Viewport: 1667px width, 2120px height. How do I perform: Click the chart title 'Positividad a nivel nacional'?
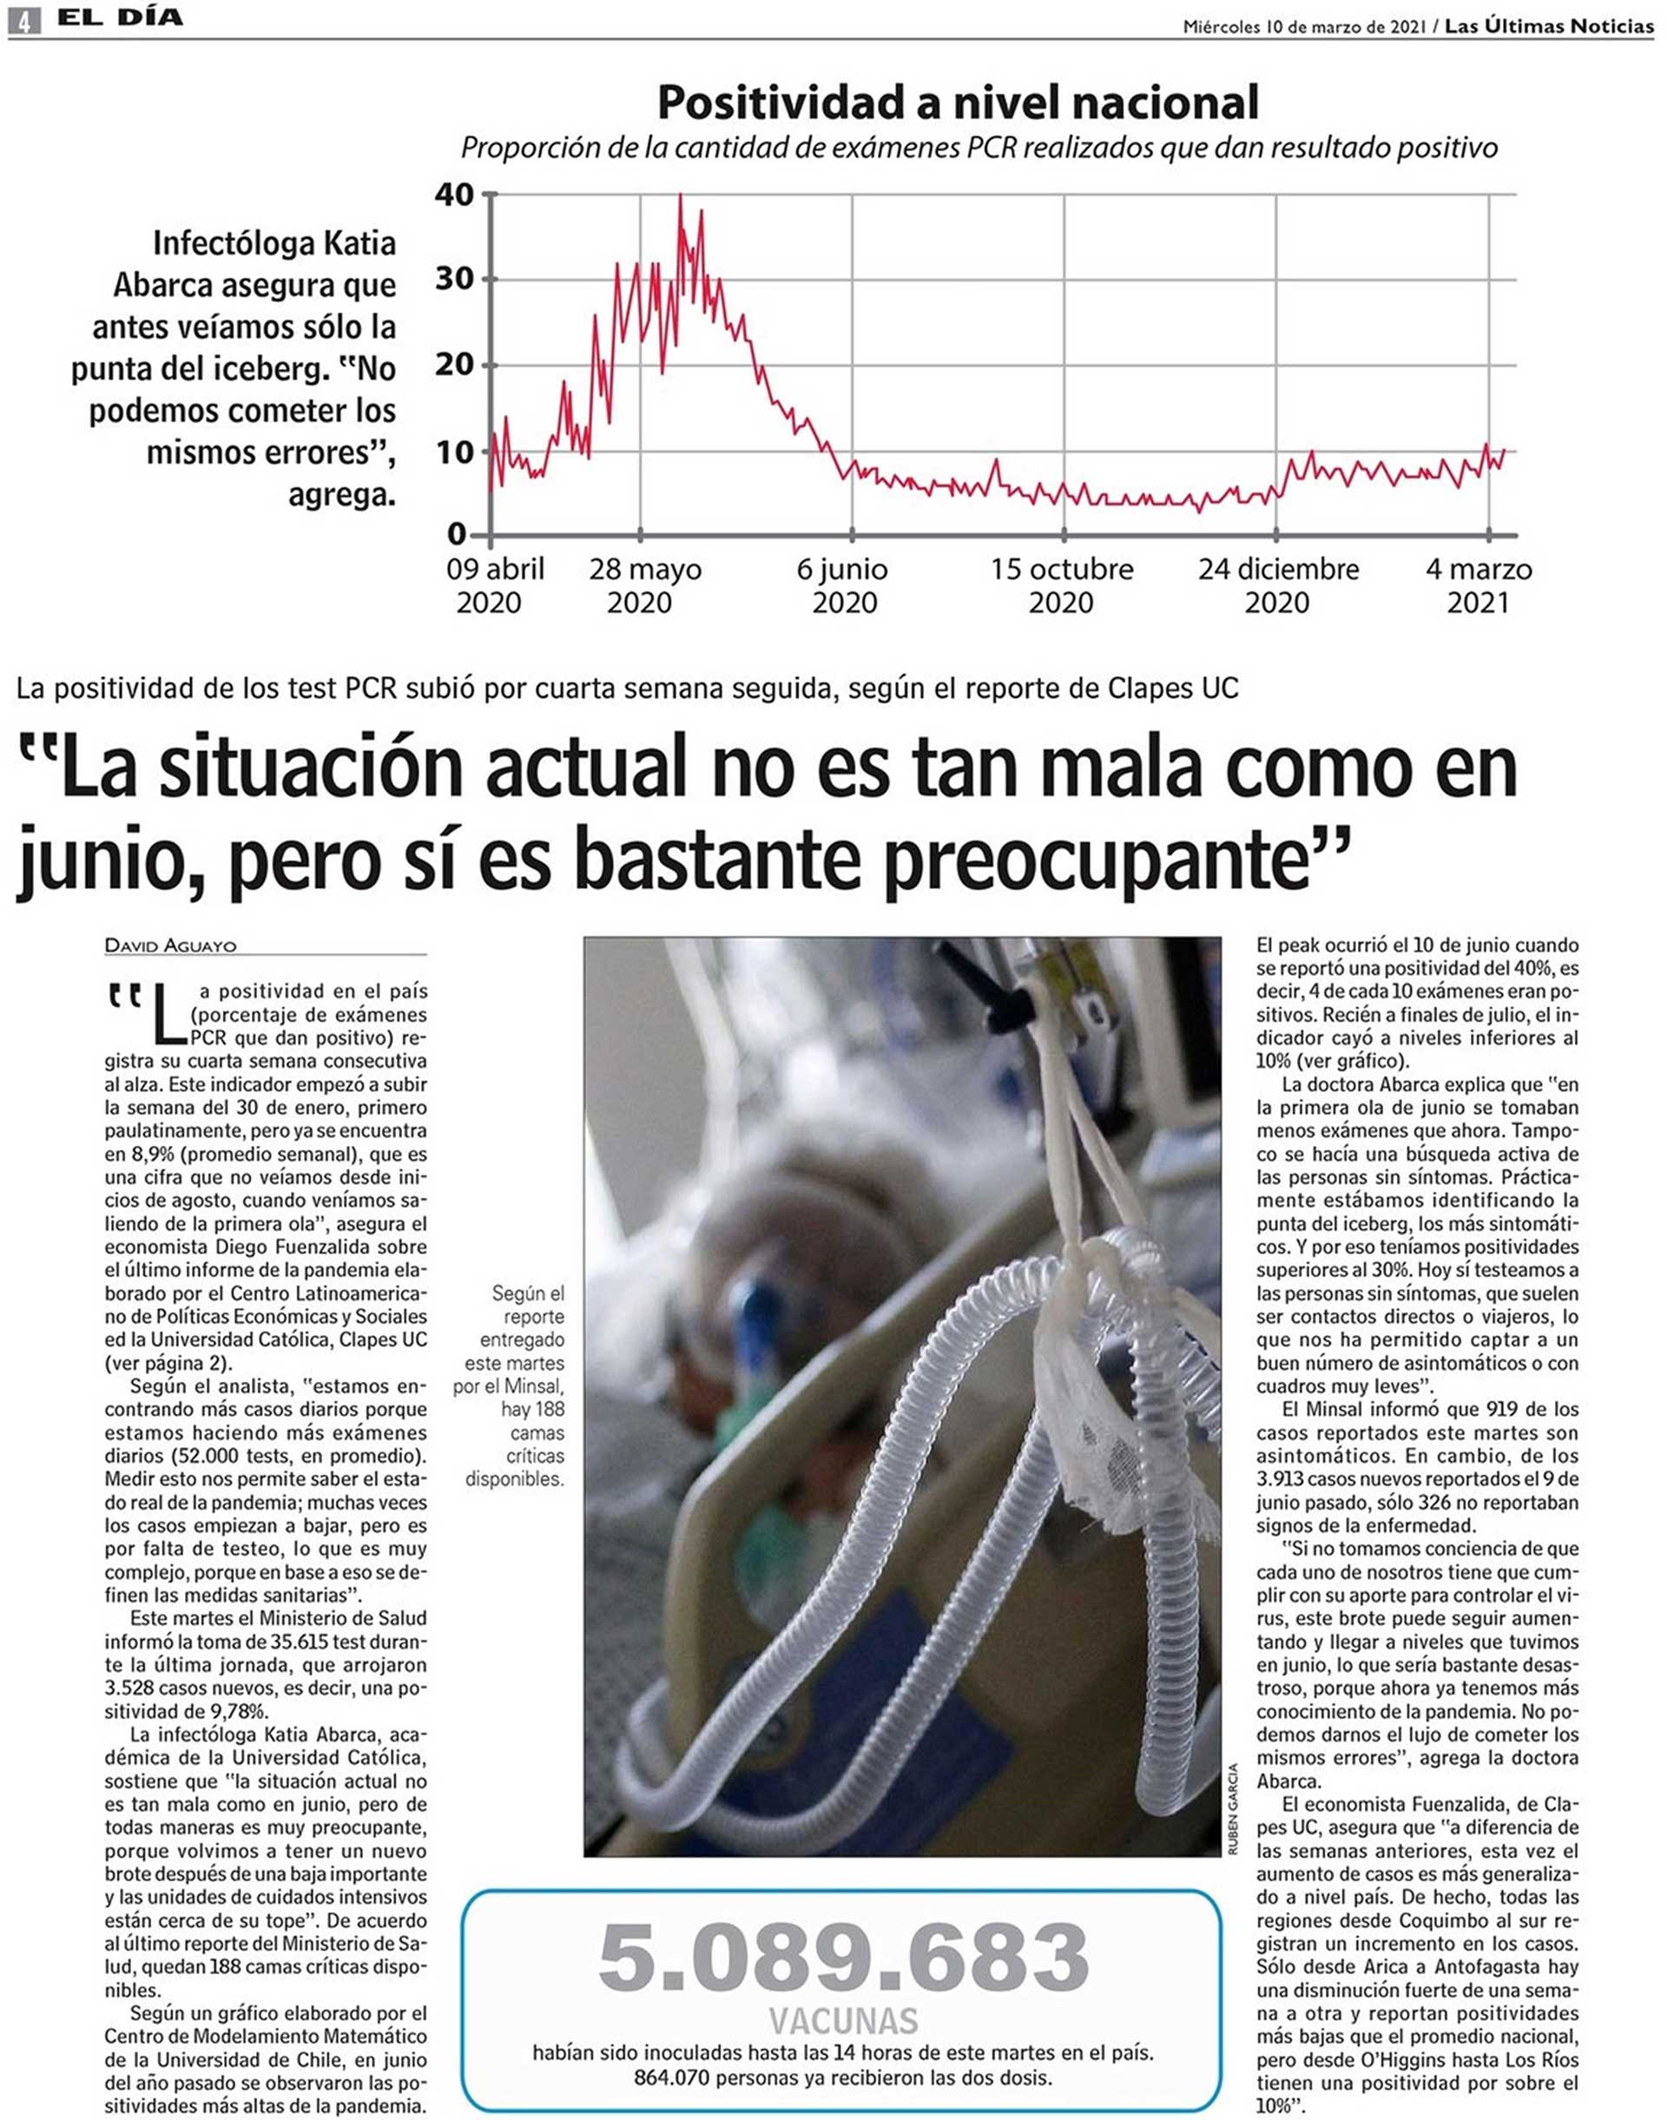958,102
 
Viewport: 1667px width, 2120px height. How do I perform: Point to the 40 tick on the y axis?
455,194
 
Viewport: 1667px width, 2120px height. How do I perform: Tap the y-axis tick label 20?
455,365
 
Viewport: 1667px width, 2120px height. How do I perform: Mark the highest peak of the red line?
681,196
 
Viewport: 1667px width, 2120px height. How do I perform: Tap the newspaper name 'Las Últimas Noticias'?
1549,26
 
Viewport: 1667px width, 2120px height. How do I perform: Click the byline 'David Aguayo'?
170,945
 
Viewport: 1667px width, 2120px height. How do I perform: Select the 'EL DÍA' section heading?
119,18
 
